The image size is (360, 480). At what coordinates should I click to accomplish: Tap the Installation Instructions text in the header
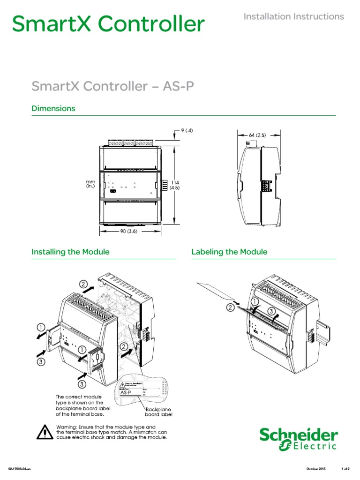pyautogui.click(x=293, y=16)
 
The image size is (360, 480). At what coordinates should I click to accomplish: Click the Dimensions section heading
pyautogui.click(x=53, y=108)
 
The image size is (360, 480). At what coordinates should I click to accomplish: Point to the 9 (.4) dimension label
pyautogui.click(x=186, y=131)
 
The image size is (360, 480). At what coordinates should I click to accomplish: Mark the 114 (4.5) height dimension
pyautogui.click(x=175, y=185)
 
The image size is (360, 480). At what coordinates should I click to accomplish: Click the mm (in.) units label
pyautogui.click(x=90, y=183)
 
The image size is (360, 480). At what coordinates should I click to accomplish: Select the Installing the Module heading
pyautogui.click(x=70, y=252)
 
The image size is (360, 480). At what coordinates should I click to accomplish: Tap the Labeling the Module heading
pyautogui.click(x=229, y=252)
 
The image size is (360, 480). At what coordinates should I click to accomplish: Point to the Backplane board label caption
pyautogui.click(x=159, y=412)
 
